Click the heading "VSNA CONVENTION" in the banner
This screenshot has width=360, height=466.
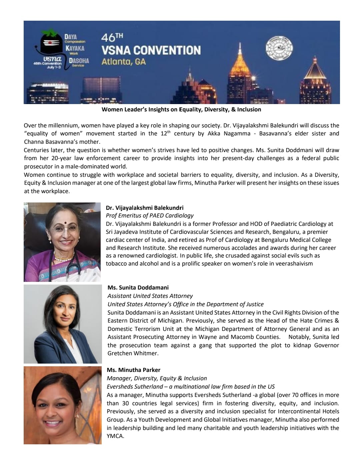coord(151,50)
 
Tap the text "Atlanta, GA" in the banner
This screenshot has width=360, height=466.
coord(124,62)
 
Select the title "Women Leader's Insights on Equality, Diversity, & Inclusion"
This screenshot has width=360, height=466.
coord(181,109)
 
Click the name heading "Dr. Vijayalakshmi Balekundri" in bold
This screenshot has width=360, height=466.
coord(144,207)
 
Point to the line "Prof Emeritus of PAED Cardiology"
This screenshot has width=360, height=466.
coord(149,215)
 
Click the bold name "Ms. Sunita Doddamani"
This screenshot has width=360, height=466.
coord(138,288)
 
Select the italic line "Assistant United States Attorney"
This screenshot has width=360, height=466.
coord(150,296)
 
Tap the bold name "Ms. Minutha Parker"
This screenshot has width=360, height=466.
coord(133,370)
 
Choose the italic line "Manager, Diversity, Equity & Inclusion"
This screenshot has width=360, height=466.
coord(157,378)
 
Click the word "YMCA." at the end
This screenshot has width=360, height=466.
coord(115,436)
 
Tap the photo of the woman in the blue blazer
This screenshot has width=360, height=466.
coord(63,324)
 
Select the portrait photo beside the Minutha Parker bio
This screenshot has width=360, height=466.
coord(63,405)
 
